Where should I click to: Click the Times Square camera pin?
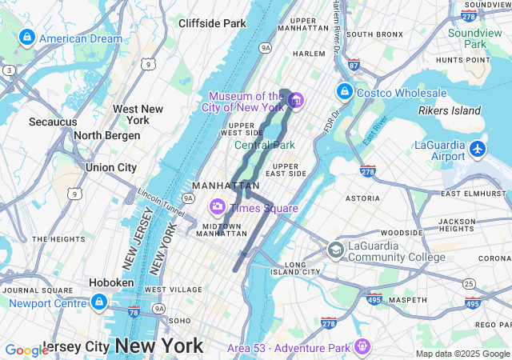[x=217, y=208]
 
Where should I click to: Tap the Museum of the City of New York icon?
[x=295, y=101]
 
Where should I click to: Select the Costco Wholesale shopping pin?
[x=345, y=92]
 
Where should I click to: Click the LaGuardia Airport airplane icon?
[x=478, y=148]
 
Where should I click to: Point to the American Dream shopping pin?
[x=27, y=38]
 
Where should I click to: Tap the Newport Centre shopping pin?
[x=98, y=302]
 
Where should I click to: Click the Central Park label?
[x=265, y=145]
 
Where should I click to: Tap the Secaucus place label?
[x=53, y=122]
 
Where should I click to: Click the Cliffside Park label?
[x=212, y=23]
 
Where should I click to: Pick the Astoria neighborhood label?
[x=362, y=198]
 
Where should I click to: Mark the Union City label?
[x=111, y=167]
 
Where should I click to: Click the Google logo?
[x=26, y=350]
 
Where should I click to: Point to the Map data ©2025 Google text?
[x=462, y=354]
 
